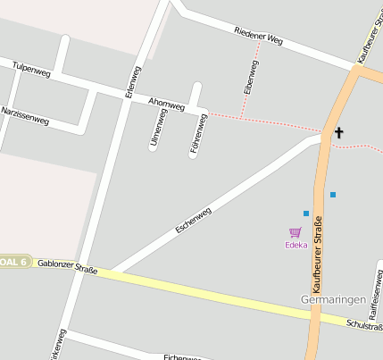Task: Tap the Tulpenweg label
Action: tap(29, 68)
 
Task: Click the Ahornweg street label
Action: tap(167, 105)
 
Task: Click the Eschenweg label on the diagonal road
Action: tap(194, 220)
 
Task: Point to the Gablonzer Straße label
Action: tap(67, 264)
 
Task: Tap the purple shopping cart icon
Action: tap(295, 232)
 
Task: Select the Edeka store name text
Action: tap(296, 245)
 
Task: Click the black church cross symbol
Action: tap(338, 133)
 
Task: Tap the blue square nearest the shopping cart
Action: tap(306, 213)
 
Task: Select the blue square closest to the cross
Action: tap(333, 194)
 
